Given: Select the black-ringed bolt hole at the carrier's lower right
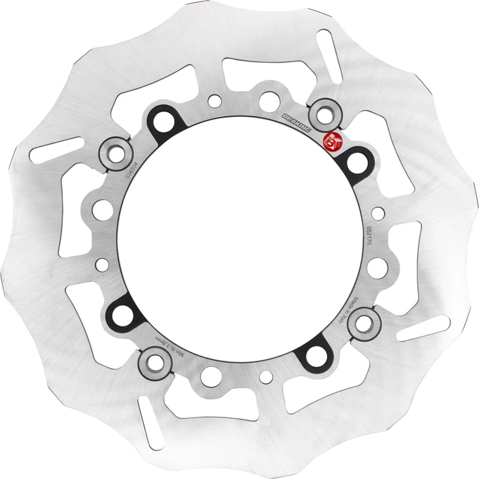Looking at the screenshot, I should (315, 354).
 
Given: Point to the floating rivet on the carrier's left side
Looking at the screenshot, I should (116, 154).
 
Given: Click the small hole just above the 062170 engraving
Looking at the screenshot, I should (378, 213).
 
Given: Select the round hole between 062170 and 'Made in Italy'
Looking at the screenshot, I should (377, 268).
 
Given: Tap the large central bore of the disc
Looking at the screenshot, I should (239, 239).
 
